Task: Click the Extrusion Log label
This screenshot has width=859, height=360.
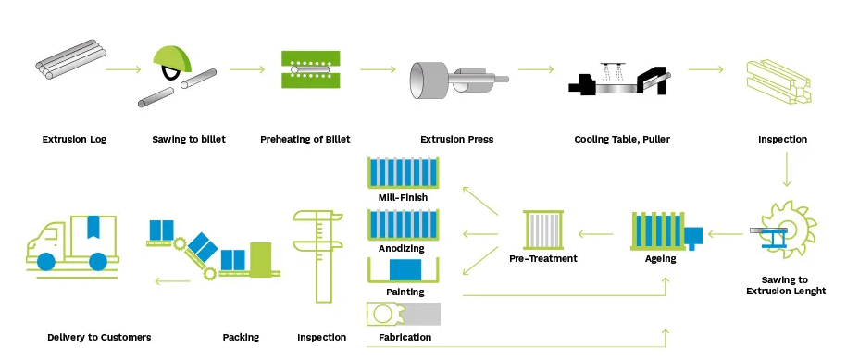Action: pos(74,140)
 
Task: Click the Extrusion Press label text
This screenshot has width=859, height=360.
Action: pos(456,140)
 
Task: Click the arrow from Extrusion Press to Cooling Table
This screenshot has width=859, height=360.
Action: pos(535,69)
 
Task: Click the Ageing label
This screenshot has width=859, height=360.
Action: pos(660,259)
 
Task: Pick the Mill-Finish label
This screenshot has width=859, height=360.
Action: pos(403,197)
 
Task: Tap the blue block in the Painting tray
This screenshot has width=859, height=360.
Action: pos(404,270)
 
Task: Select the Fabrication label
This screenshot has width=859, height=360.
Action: pos(405,338)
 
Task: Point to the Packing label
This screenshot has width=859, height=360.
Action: pos(241,338)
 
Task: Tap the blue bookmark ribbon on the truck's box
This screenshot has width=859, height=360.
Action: pos(93,227)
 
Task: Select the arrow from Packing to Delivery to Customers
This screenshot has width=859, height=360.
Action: pos(173,280)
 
